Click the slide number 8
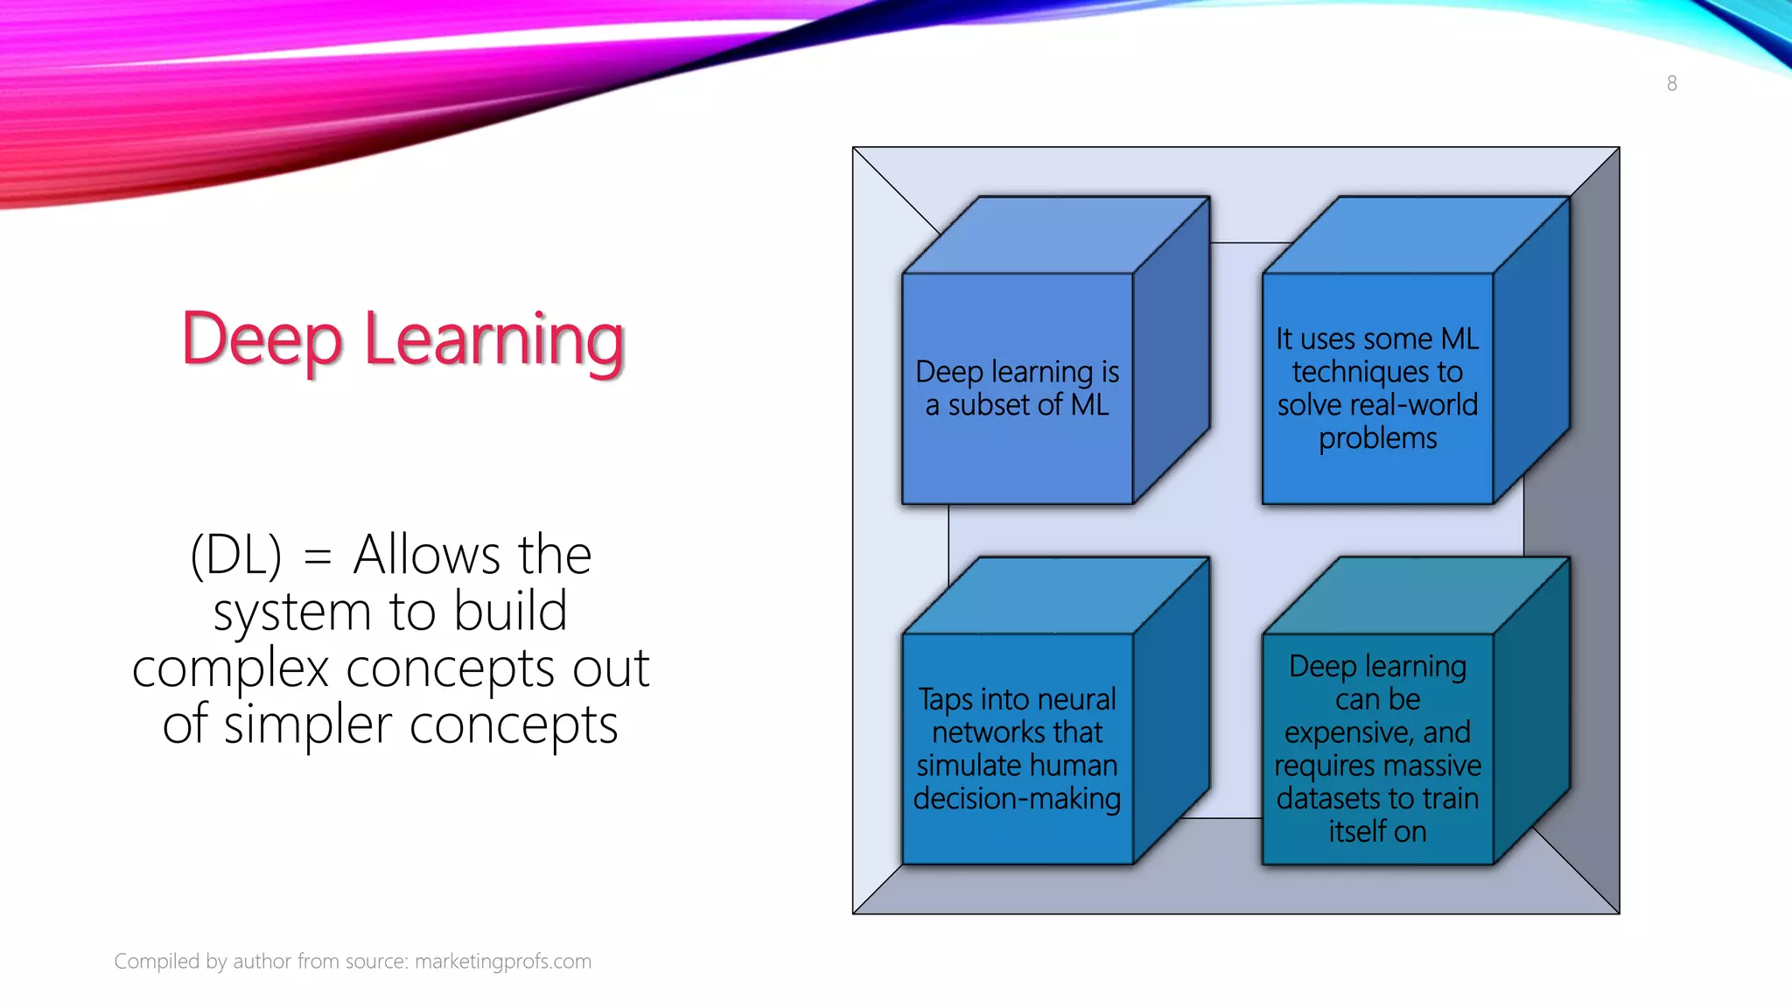click(x=1671, y=83)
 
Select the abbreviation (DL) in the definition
click(x=235, y=555)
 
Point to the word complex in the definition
click(x=230, y=669)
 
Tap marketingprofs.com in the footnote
click(x=503, y=961)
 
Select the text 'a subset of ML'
click(x=1017, y=405)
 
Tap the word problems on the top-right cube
click(x=1377, y=437)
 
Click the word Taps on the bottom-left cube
click(x=945, y=699)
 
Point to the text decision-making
click(x=1017, y=798)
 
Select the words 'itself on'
click(x=1377, y=831)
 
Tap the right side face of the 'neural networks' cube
click(x=1171, y=710)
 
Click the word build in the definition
click(x=511, y=611)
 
